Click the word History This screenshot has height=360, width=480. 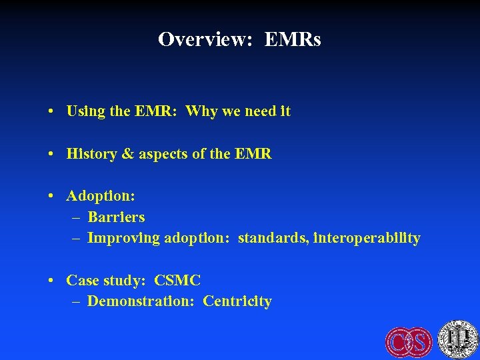pyautogui.click(x=91, y=154)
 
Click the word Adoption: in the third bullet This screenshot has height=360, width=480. pyautogui.click(x=101, y=196)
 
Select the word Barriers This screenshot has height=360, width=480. pyautogui.click(x=116, y=217)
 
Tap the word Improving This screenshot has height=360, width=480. pyautogui.click(x=124, y=238)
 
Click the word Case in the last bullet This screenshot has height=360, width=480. pyautogui.click(x=83, y=280)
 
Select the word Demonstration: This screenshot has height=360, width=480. pyautogui.click(x=141, y=301)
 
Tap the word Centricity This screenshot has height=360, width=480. pyautogui.click(x=237, y=301)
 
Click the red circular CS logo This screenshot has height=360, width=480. pyautogui.click(x=409, y=341)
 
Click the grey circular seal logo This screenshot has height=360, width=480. pyautogui.click(x=457, y=340)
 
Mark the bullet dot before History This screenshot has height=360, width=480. pyautogui.click(x=51, y=155)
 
